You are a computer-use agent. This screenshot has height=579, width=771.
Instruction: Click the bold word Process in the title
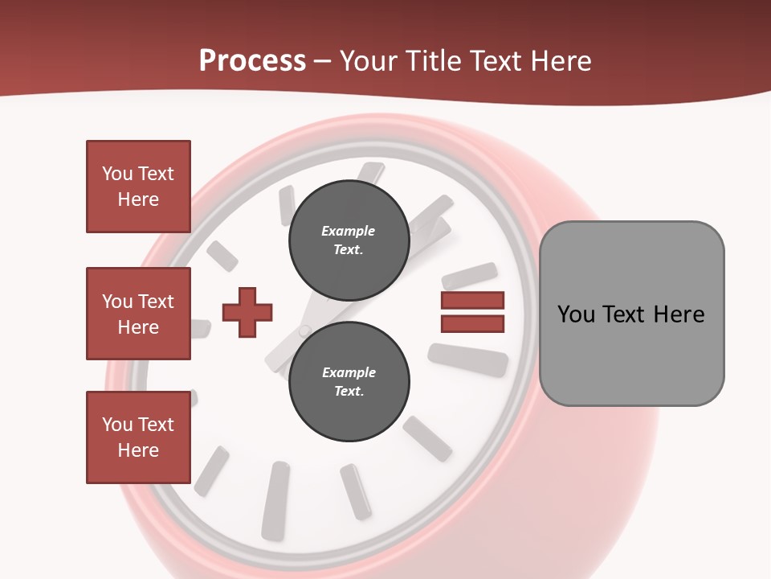[252, 61]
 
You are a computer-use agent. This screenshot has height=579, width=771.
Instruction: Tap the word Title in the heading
[434, 61]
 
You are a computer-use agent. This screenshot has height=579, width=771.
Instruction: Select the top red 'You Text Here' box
[138, 187]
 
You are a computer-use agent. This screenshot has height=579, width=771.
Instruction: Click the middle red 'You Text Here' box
[138, 314]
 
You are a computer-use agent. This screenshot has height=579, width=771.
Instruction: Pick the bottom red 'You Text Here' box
[138, 437]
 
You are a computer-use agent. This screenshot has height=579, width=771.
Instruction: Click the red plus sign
[247, 311]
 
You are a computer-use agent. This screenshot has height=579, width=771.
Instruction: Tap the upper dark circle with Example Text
[349, 240]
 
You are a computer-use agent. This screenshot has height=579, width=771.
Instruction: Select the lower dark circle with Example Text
[349, 382]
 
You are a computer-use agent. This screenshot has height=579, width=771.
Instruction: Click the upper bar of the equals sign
[472, 300]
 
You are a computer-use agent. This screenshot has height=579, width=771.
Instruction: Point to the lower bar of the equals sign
[472, 323]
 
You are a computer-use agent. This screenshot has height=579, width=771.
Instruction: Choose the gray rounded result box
[631, 314]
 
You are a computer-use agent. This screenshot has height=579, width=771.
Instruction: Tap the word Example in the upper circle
[349, 231]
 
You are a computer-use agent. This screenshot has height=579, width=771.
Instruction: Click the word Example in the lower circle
[349, 372]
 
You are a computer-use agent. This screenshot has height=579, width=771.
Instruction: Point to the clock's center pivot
[304, 330]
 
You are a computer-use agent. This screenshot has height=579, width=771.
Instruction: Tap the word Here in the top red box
[138, 199]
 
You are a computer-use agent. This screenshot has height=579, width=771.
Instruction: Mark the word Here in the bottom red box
[138, 450]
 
